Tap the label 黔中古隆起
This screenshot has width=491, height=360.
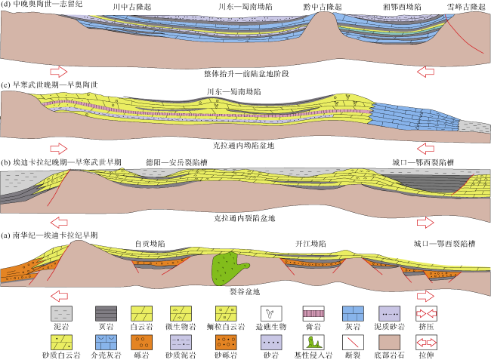pos(323,7)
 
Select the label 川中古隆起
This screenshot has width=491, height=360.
pos(132,7)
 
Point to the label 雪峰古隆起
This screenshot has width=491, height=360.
pos(466,7)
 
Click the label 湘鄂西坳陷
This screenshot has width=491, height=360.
pos(402,7)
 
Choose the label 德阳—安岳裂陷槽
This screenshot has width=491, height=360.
pos(177,162)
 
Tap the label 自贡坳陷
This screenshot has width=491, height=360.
pos(150,244)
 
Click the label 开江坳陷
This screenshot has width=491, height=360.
pos(310,244)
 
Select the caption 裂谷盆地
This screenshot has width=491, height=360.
pos(245,292)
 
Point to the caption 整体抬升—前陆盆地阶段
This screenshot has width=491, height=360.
pos(246,74)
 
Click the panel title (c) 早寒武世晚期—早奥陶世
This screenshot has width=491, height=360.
pos(49,85)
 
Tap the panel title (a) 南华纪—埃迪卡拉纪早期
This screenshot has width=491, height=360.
pos(49,235)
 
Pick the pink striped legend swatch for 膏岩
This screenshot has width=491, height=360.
pos(313,313)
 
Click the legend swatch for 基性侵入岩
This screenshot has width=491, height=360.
pos(313,342)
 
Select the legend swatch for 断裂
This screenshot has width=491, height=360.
pos(353,342)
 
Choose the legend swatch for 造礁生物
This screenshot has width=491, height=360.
pos(271,313)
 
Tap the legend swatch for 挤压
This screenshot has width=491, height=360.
pos(426,313)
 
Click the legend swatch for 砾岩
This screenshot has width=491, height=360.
pos(141,342)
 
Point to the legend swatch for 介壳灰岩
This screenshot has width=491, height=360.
pos(107,342)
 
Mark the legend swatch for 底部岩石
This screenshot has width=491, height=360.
pos(389,342)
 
